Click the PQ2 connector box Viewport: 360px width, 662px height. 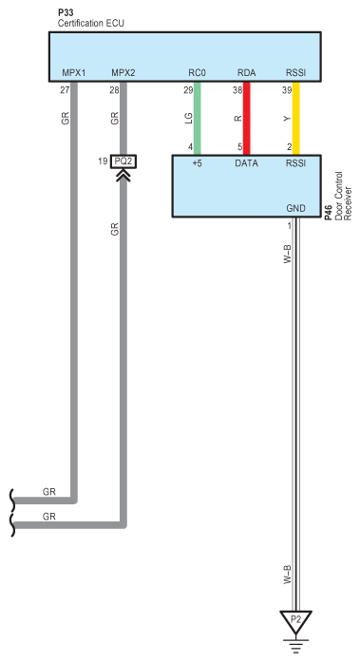click(123, 161)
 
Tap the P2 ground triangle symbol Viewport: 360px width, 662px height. click(295, 621)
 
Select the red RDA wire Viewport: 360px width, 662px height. click(246, 118)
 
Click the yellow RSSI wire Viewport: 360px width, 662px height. click(296, 118)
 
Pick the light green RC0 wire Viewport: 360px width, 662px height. click(197, 118)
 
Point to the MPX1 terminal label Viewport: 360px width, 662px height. click(74, 73)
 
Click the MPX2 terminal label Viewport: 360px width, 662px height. click(123, 73)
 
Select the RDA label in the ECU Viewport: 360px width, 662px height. click(246, 73)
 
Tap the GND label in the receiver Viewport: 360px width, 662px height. click(295, 208)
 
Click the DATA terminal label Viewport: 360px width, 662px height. click(246, 163)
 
